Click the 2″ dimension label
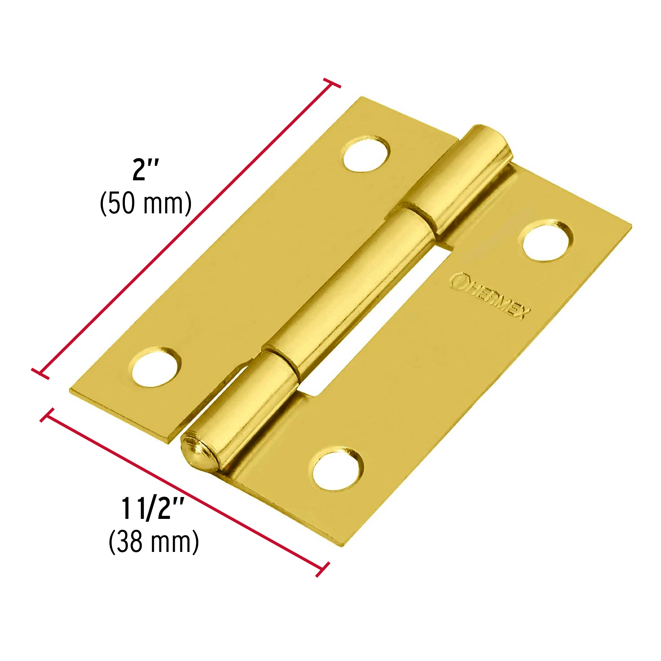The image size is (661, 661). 145,169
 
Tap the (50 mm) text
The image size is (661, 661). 146,203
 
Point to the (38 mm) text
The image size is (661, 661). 154,542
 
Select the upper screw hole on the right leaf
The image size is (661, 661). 545,241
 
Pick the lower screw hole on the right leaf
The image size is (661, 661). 337,470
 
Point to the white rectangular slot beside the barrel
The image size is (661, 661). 371,323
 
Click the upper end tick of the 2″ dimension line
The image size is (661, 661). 332,83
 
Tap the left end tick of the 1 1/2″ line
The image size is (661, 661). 47,415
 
